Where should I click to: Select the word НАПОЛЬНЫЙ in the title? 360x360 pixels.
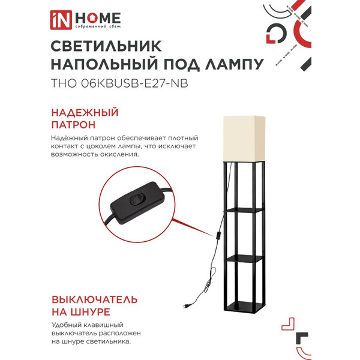click(101, 65)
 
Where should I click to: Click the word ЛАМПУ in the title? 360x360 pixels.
click(230, 65)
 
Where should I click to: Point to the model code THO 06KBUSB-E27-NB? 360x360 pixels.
click(119, 84)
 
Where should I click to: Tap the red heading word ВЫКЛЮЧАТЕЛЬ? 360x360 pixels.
click(103, 298)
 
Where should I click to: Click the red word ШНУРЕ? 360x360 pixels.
click(89, 312)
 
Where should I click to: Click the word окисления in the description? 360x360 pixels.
click(117, 154)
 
